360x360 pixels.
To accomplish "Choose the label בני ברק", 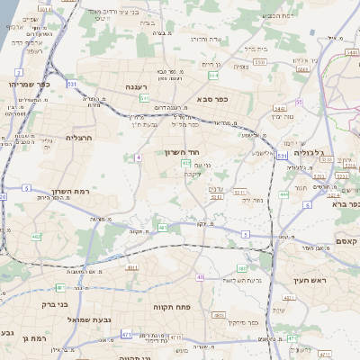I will (56, 304).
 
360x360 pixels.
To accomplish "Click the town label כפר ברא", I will (343, 203).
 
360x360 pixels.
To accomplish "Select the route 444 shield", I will (283, 193).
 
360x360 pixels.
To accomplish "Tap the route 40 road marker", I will (200, 277).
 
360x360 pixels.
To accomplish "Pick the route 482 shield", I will (37, 237).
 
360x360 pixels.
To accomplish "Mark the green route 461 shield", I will (59, 287).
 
